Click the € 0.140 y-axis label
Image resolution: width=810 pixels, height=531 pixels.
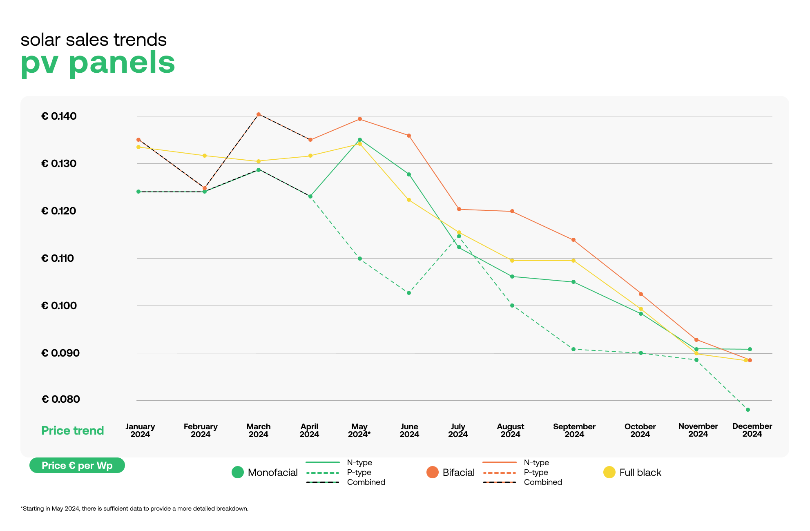(x=59, y=116)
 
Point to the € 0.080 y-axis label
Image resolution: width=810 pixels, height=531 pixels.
(x=60, y=399)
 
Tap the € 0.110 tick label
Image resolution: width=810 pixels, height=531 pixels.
(x=58, y=259)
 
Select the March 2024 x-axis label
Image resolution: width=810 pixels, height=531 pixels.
(x=258, y=431)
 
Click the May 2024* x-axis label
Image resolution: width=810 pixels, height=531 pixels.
(x=359, y=431)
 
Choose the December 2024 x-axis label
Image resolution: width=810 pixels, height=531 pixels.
(x=752, y=430)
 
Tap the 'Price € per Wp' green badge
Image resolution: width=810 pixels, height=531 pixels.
(x=77, y=466)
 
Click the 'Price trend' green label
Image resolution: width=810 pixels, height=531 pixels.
(x=73, y=431)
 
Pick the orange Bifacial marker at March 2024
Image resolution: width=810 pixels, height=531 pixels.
(x=259, y=114)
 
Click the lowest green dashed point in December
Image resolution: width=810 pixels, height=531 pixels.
(x=748, y=410)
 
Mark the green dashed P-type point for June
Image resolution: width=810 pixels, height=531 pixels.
(x=409, y=293)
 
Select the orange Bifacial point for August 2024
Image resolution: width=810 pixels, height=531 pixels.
(x=512, y=211)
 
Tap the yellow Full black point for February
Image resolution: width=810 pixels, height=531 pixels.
(x=205, y=156)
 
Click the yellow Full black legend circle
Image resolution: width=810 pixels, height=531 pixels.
(x=609, y=473)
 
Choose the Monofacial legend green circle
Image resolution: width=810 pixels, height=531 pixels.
(x=237, y=473)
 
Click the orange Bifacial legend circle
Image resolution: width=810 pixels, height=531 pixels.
(x=432, y=473)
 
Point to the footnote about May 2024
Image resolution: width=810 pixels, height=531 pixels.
(x=134, y=509)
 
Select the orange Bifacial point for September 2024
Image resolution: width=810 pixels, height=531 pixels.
(x=573, y=240)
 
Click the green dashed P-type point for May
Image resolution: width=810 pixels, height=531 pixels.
(x=360, y=259)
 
